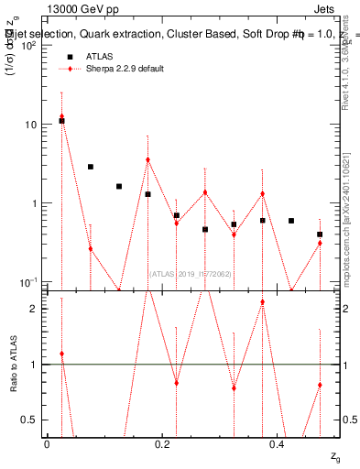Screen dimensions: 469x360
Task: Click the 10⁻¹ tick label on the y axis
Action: tap(27, 281)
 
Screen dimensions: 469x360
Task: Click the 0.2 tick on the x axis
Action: tap(162, 443)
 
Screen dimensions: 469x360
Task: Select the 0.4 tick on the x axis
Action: tap(278, 443)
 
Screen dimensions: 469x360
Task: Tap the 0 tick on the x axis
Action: tap(47, 443)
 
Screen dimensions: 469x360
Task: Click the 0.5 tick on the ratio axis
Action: tap(30, 420)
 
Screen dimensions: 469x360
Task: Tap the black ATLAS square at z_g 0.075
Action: tap(91, 167)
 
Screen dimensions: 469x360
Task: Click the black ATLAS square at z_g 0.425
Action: tap(291, 221)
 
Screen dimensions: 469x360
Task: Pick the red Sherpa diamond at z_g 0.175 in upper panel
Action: tap(147, 159)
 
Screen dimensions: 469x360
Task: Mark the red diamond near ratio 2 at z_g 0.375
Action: tap(263, 302)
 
